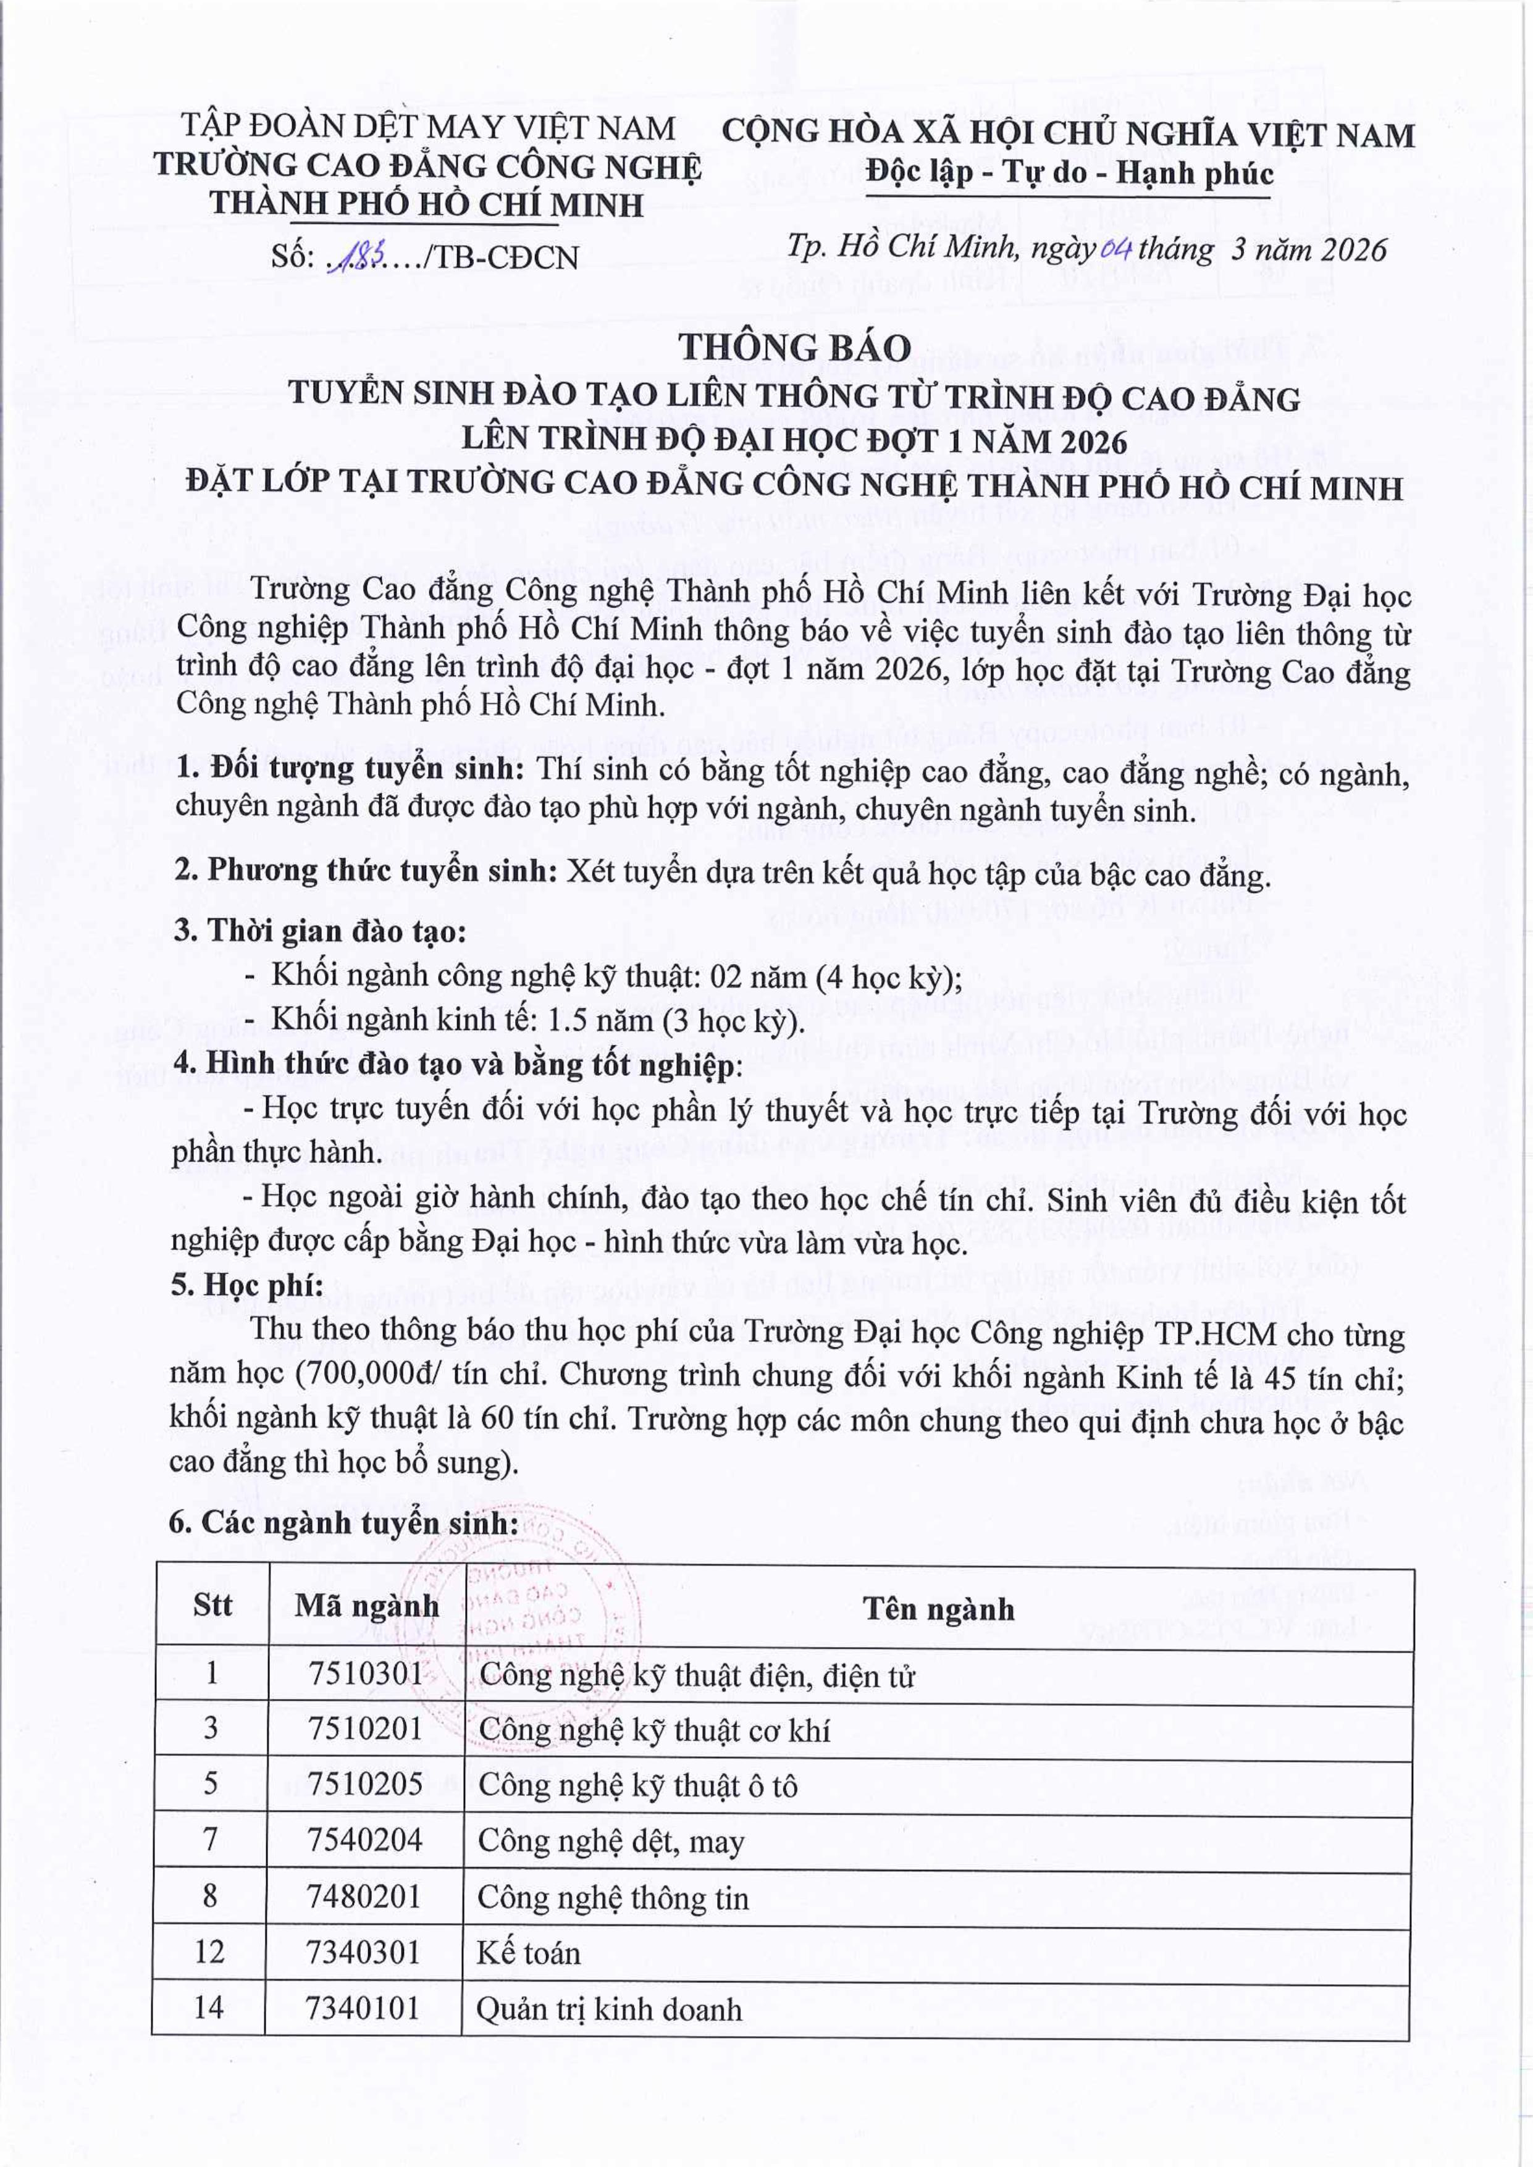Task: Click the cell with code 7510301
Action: pos(365,1674)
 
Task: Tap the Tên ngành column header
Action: pos(938,1608)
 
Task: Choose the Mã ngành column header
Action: pos(365,1606)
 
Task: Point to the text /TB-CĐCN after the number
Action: pos(502,257)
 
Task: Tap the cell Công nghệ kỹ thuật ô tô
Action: pos(638,1785)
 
